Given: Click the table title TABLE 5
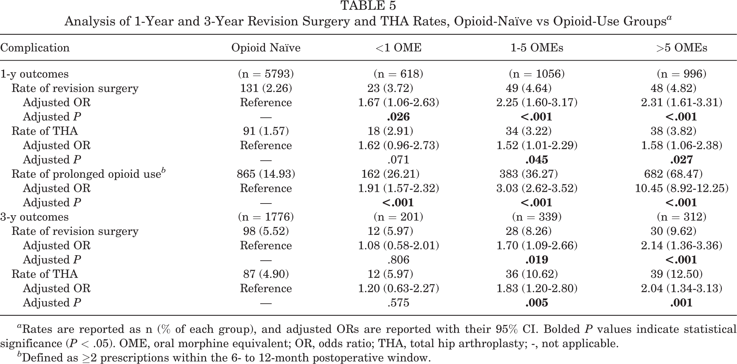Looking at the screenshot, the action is coord(368,6).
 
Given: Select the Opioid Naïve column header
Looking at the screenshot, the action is coord(266,48).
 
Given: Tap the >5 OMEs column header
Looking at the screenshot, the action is coord(682,48).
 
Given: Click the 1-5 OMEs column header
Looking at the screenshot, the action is coord(537,48).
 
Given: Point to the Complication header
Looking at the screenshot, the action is coord(35,48).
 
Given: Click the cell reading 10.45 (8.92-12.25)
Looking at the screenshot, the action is coord(682,188).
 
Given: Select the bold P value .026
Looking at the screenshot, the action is coord(398,117).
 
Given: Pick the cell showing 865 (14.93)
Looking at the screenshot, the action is coord(266,174).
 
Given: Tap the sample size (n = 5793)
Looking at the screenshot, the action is coord(266,74).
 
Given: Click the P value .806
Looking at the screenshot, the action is coord(398,260).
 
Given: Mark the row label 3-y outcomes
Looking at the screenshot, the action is coord(34,217).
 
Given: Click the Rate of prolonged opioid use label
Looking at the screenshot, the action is coord(89,174).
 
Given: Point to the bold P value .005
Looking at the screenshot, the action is coord(537,303).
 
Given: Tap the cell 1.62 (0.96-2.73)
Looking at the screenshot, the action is coord(398,145).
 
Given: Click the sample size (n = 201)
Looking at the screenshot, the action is coord(398,217).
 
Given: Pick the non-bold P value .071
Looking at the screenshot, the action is coord(398,160).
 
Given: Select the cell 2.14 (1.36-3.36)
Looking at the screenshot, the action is coord(682,245).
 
